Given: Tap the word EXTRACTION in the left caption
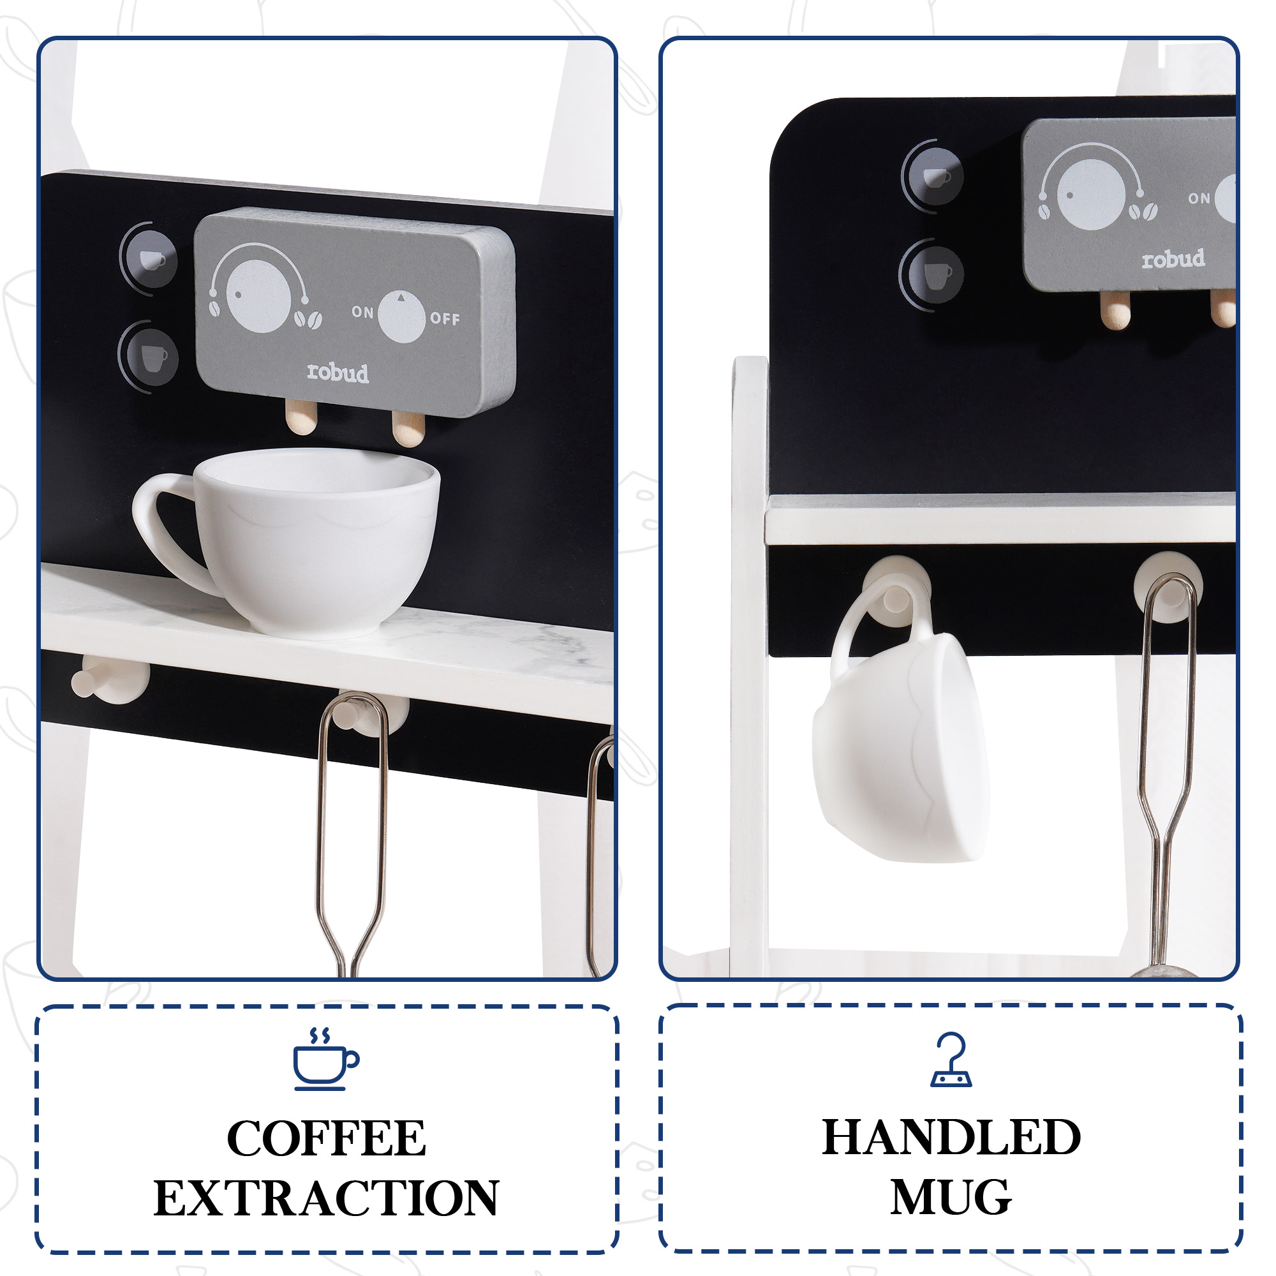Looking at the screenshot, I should [x=326, y=1199].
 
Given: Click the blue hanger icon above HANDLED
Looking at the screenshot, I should [x=951, y=1060].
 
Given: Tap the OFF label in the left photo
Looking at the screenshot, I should [x=445, y=318].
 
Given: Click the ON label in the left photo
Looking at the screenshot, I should [x=362, y=312].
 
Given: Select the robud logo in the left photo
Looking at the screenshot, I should [x=338, y=373].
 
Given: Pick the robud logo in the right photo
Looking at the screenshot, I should [x=1173, y=258].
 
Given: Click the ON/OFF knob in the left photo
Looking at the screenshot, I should [x=401, y=316].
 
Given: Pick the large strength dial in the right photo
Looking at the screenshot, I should [x=1091, y=195].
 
